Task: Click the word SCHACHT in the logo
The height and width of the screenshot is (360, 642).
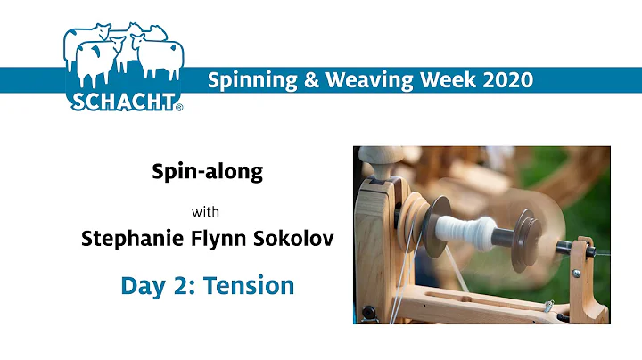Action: click(x=122, y=100)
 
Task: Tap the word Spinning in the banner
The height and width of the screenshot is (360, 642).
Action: click(x=247, y=79)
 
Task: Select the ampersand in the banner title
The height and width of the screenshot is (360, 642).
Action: click(x=300, y=79)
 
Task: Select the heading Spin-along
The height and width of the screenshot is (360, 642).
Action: click(x=208, y=171)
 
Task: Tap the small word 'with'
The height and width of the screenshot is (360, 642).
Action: click(x=207, y=212)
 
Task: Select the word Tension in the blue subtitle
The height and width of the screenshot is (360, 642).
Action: click(x=251, y=286)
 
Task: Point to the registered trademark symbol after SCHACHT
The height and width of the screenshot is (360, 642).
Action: click(x=179, y=108)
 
